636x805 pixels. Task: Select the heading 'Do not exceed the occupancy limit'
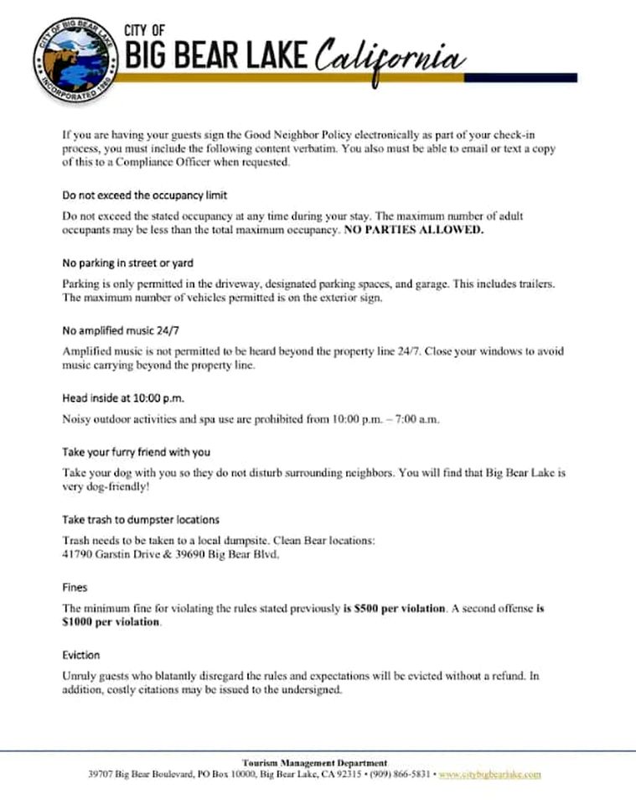(145, 195)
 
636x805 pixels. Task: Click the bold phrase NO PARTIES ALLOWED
(414, 230)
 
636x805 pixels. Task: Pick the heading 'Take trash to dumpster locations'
(141, 520)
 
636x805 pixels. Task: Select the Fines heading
(75, 588)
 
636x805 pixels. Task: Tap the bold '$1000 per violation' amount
(111, 622)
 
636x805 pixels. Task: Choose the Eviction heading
(81, 655)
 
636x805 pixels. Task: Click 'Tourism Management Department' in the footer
(314, 762)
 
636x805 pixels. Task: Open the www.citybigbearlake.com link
(490, 774)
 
